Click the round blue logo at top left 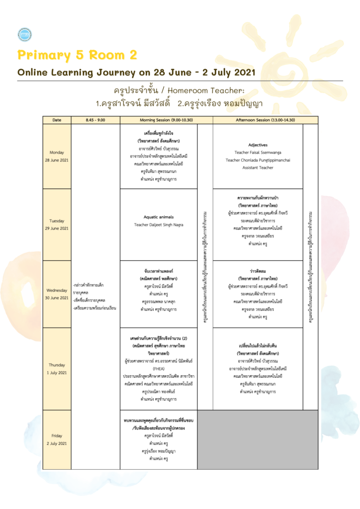click(x=24, y=34)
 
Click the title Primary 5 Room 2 click(x=77, y=55)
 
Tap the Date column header click(x=56, y=120)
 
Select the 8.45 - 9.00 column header click(x=95, y=120)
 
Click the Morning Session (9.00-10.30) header click(x=159, y=120)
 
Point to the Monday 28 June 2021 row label click(x=56, y=156)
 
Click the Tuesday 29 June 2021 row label click(x=56, y=224)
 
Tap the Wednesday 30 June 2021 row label click(x=56, y=294)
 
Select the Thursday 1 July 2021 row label click(x=56, y=368)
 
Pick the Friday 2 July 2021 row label click(x=56, y=439)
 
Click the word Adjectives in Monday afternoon click(x=258, y=145)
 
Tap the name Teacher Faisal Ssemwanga click(x=258, y=153)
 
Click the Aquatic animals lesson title click(x=159, y=217)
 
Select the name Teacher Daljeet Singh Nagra click(x=159, y=225)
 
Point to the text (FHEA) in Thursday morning click(x=159, y=369)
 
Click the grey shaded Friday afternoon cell click(x=258, y=439)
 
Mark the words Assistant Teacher click(x=258, y=168)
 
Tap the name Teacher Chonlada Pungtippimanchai click(x=258, y=160)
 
